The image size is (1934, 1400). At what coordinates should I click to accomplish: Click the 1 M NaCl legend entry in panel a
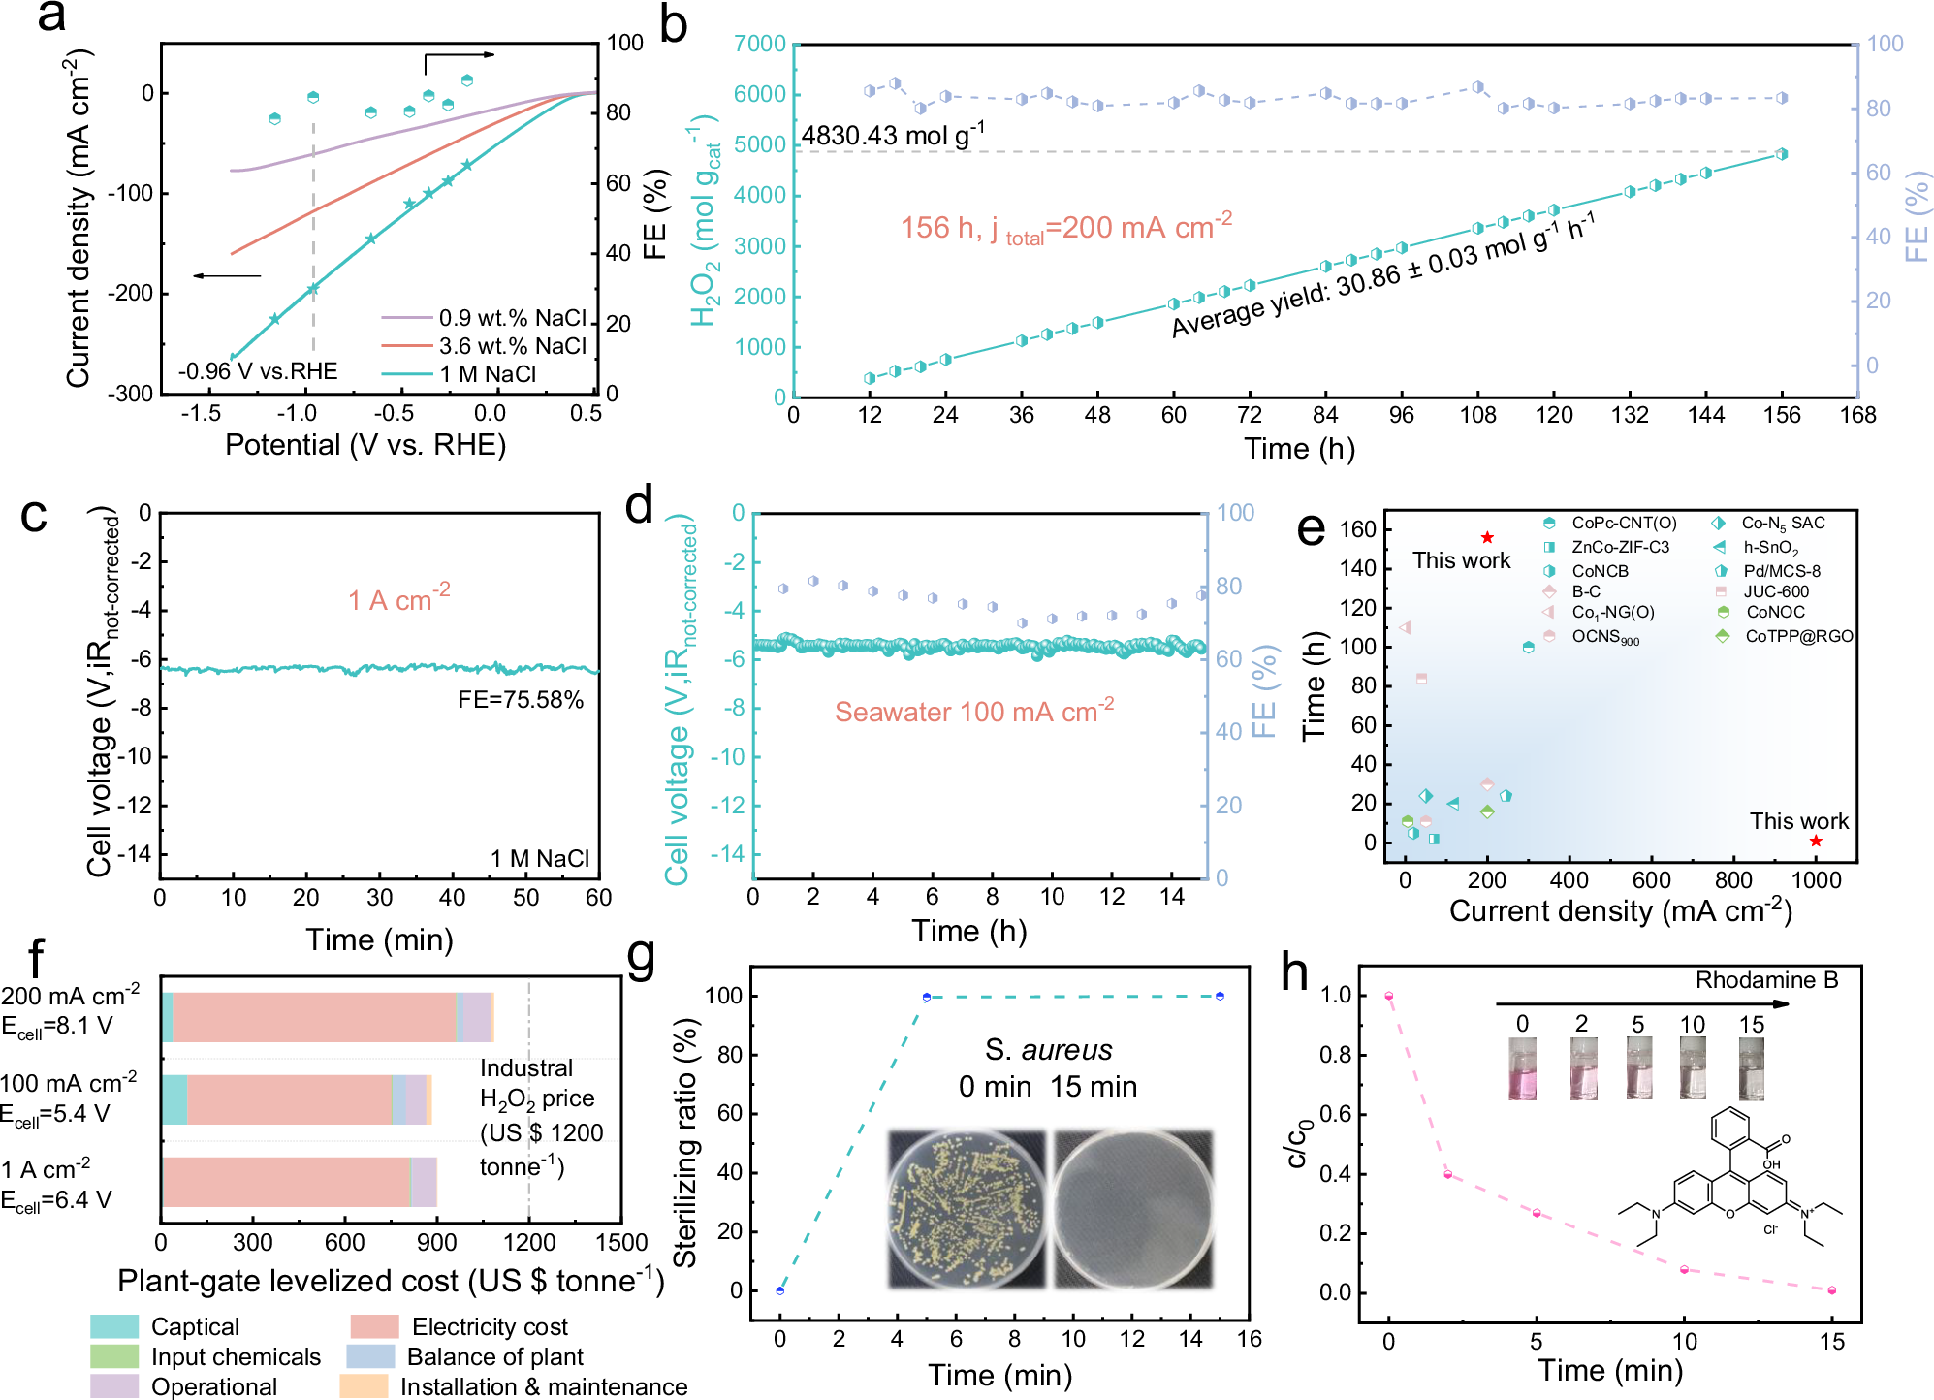click(x=488, y=374)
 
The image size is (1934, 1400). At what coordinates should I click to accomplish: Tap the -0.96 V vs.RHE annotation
click(x=258, y=371)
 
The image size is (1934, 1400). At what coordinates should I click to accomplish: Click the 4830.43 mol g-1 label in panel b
click(x=892, y=135)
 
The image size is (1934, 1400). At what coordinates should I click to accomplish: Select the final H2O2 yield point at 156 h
click(x=1781, y=154)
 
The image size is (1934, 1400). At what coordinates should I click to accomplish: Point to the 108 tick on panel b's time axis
click(x=1477, y=415)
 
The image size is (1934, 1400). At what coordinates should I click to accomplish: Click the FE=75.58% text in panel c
click(x=521, y=700)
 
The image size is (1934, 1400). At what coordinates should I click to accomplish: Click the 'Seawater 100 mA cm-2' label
click(x=973, y=712)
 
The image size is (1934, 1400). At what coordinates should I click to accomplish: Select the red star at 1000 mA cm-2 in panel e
click(x=1816, y=842)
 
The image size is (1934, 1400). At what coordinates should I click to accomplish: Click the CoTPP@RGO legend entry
click(x=1798, y=636)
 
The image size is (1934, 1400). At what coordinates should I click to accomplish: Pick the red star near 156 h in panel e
click(x=1487, y=537)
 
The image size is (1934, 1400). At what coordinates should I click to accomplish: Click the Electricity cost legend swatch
click(x=374, y=1326)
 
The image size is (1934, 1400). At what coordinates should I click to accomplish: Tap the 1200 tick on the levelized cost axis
click(x=529, y=1242)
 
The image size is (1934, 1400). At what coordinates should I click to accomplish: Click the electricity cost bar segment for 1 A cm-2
click(x=286, y=1182)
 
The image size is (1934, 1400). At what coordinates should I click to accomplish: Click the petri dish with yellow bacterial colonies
click(x=967, y=1209)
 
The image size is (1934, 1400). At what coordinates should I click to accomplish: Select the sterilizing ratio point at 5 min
click(x=927, y=997)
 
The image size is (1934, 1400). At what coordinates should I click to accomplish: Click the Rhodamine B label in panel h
click(x=1766, y=980)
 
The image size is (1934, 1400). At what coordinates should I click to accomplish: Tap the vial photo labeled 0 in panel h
click(x=1522, y=1068)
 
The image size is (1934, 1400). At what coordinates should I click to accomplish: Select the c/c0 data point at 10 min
click(x=1684, y=1269)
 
